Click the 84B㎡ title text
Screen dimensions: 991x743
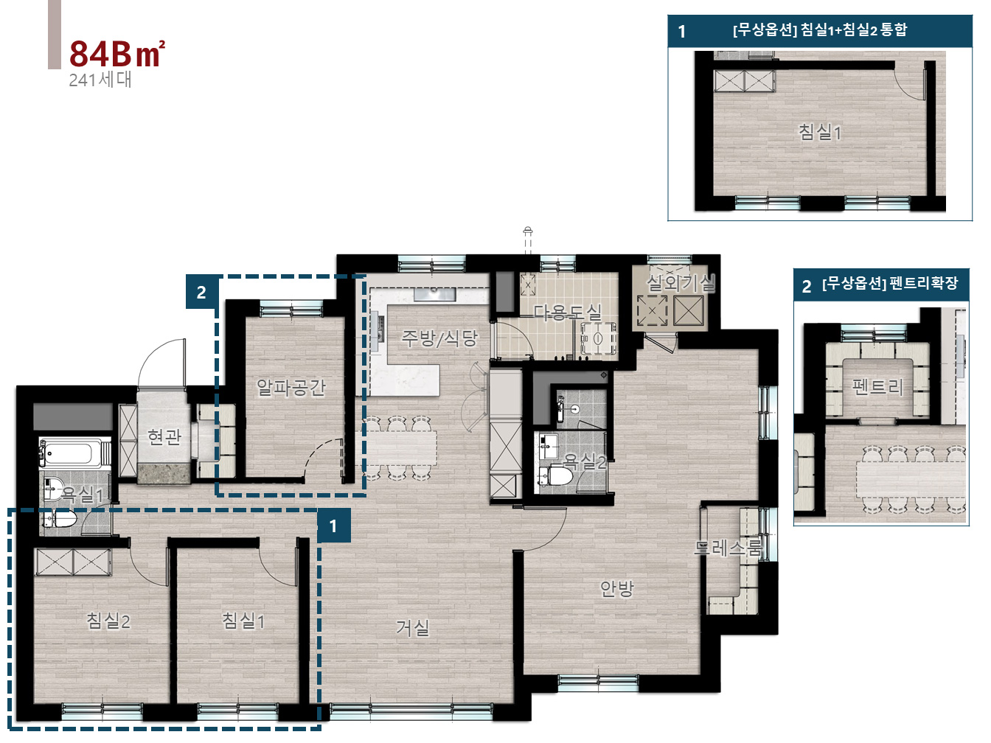117,54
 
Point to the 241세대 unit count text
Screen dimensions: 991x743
100,80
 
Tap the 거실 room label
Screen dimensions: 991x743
412,627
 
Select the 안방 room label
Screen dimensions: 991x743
616,588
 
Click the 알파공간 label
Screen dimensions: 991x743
291,387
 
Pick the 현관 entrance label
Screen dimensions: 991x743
164,436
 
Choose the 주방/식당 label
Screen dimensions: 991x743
439,338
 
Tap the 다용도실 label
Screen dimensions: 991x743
568,313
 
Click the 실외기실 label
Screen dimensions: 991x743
681,283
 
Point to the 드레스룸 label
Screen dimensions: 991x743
728,548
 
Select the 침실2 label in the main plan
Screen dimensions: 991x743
108,621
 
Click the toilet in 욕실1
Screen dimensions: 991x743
60,519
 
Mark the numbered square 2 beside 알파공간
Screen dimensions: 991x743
202,293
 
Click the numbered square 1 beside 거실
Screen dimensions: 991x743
333,526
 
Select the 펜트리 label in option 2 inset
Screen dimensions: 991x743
877,387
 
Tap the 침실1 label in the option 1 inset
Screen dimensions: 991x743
819,132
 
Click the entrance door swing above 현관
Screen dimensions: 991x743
161,363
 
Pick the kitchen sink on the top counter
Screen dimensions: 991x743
434,295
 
